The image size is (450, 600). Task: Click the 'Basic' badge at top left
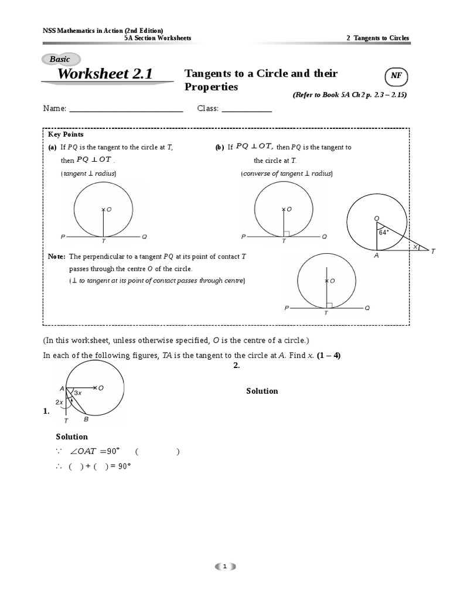tap(60, 59)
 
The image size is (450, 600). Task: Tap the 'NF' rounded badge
tap(396, 77)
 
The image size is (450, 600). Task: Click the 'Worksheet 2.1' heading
tap(105, 74)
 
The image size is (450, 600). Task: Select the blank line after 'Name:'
tap(126, 109)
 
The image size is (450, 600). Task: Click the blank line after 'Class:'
tap(246, 109)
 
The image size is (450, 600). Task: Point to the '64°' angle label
tap(384, 233)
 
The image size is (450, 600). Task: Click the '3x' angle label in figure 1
tap(78, 394)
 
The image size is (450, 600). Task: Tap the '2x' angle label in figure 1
tap(59, 403)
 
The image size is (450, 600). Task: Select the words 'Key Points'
tap(66, 134)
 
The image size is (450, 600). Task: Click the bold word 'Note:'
tap(57, 257)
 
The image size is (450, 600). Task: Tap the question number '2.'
tap(237, 366)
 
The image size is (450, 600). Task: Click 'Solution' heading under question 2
tap(262, 391)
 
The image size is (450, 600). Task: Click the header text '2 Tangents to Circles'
tap(378, 38)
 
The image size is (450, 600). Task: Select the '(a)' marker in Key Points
tap(52, 148)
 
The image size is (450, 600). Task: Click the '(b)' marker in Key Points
tap(220, 148)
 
